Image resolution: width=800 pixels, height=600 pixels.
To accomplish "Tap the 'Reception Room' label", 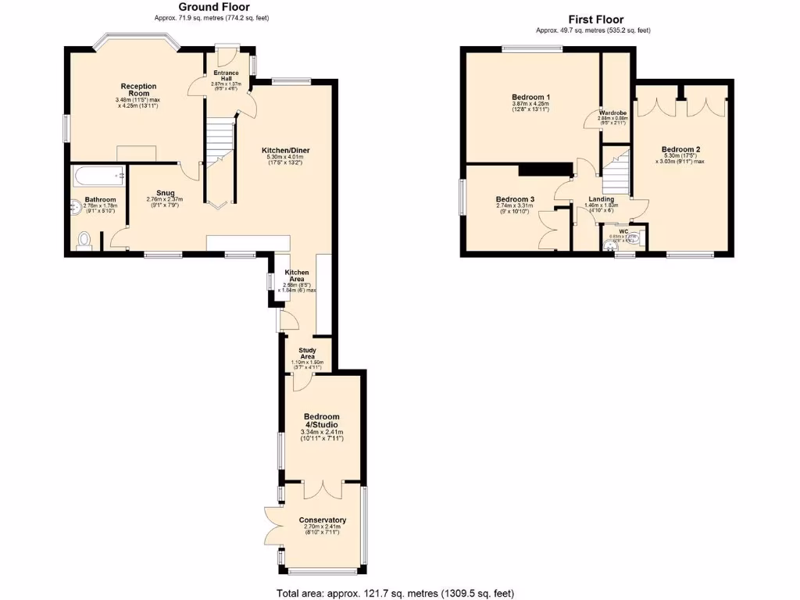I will tap(138, 90).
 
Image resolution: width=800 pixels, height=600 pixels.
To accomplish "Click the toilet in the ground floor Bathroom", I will tap(84, 240).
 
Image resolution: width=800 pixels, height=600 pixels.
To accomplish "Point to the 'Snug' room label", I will tap(165, 193).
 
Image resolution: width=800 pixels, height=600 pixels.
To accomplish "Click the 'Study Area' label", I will tap(307, 352).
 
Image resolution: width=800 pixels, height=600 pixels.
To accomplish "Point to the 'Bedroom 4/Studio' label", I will tap(322, 420).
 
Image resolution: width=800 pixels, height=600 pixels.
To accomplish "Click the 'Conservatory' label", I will tap(322, 520).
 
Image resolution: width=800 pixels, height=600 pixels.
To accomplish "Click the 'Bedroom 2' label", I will tap(680, 149).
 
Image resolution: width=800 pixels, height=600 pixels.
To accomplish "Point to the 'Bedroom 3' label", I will tap(515, 200).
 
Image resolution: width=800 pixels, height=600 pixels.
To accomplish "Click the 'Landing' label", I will tap(602, 199).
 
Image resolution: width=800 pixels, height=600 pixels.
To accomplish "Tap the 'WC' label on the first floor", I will tap(623, 230).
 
